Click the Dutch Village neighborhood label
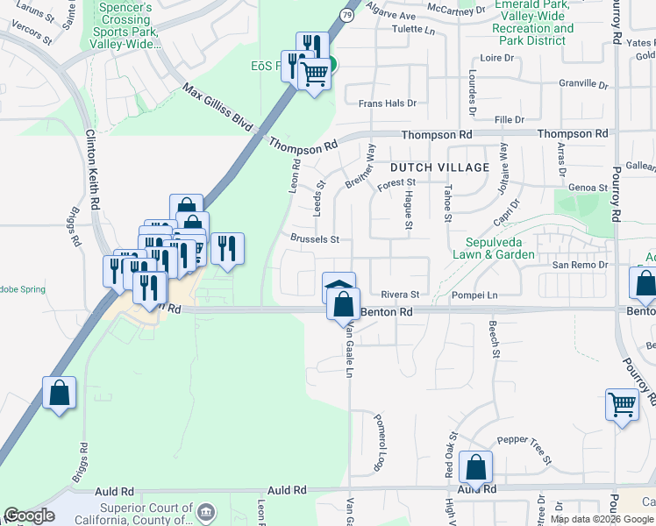pyautogui.click(x=439, y=167)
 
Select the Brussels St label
pyautogui.click(x=314, y=239)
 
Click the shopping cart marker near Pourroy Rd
pyautogui.click(x=623, y=405)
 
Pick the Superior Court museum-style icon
pyautogui.click(x=206, y=511)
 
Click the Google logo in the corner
pyautogui.click(x=29, y=515)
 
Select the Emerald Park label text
pyautogui.click(x=532, y=5)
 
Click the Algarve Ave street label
pyautogui.click(x=390, y=16)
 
